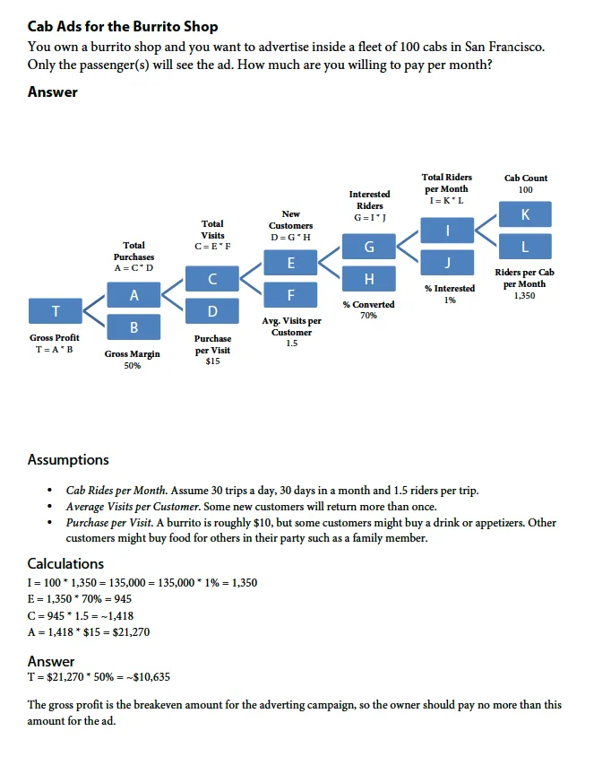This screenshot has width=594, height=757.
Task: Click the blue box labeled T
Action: (x=55, y=310)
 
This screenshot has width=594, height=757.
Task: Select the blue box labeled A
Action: (x=133, y=295)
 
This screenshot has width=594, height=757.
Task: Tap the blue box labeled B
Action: (x=133, y=327)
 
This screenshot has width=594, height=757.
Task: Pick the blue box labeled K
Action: (x=525, y=214)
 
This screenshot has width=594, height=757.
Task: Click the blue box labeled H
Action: (x=369, y=279)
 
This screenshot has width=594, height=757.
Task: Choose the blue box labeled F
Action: (x=290, y=294)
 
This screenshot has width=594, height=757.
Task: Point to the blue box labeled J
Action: (x=448, y=262)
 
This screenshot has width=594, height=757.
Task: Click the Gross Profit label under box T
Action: (x=55, y=338)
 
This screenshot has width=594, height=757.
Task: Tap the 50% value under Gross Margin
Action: (x=133, y=366)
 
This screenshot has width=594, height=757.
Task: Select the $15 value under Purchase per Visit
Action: (x=212, y=361)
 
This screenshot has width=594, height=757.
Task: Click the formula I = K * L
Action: (x=448, y=200)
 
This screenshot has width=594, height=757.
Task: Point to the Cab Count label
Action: (x=526, y=178)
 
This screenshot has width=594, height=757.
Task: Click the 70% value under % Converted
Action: (x=368, y=316)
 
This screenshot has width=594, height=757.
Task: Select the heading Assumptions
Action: (x=68, y=460)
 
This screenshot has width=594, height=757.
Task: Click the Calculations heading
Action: (x=65, y=563)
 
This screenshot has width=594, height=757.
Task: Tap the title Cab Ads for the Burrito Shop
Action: (x=123, y=27)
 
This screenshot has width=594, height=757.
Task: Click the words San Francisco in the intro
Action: (x=500, y=47)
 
